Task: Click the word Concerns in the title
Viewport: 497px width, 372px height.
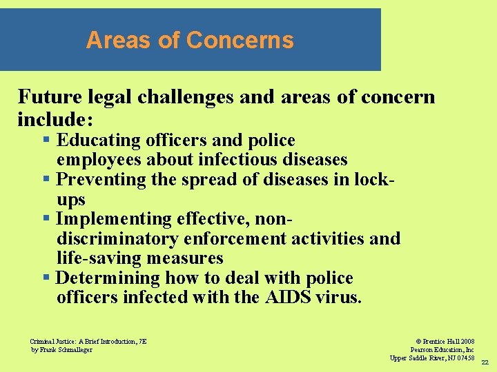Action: click(x=240, y=40)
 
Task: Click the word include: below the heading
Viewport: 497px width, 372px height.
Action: click(x=55, y=119)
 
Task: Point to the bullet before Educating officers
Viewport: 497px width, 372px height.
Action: click(x=46, y=141)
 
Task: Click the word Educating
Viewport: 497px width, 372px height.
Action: click(x=99, y=141)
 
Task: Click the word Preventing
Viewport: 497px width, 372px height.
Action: click(x=101, y=180)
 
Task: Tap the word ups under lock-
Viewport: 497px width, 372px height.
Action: click(x=70, y=200)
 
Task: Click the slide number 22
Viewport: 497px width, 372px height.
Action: click(x=485, y=362)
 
